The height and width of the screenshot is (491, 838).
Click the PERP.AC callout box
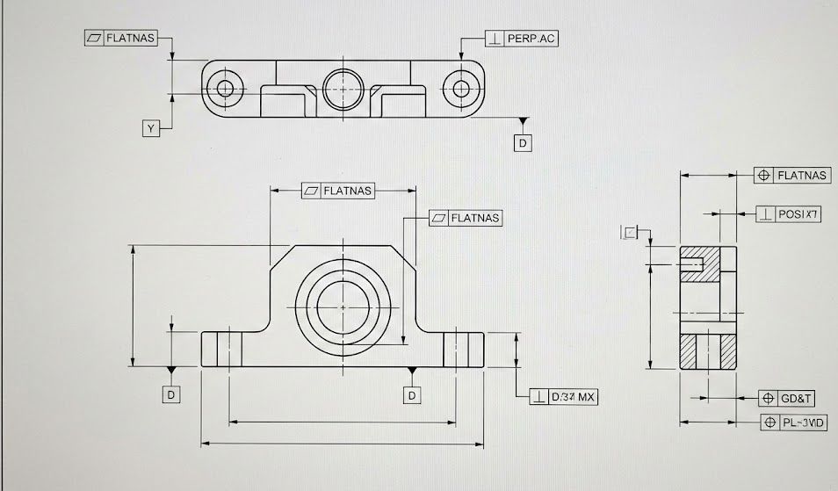coord(522,39)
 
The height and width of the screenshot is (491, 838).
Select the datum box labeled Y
coord(151,129)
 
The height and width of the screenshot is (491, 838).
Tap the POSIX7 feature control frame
coord(789,213)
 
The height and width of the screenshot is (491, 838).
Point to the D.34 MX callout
coord(565,397)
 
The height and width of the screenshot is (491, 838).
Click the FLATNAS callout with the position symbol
coord(791,175)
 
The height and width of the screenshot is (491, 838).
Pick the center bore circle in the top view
coord(343,87)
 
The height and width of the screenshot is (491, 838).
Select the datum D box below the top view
coord(524,141)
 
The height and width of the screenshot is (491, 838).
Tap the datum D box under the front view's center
coord(412,395)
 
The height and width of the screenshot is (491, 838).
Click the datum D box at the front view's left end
coord(172,395)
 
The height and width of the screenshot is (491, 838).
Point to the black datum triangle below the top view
coord(524,121)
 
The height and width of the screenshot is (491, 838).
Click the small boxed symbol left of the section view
coord(630,232)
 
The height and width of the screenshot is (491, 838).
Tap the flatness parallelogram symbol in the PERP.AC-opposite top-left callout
coord(94,38)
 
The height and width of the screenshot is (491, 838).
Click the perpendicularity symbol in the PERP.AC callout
coord(495,39)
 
